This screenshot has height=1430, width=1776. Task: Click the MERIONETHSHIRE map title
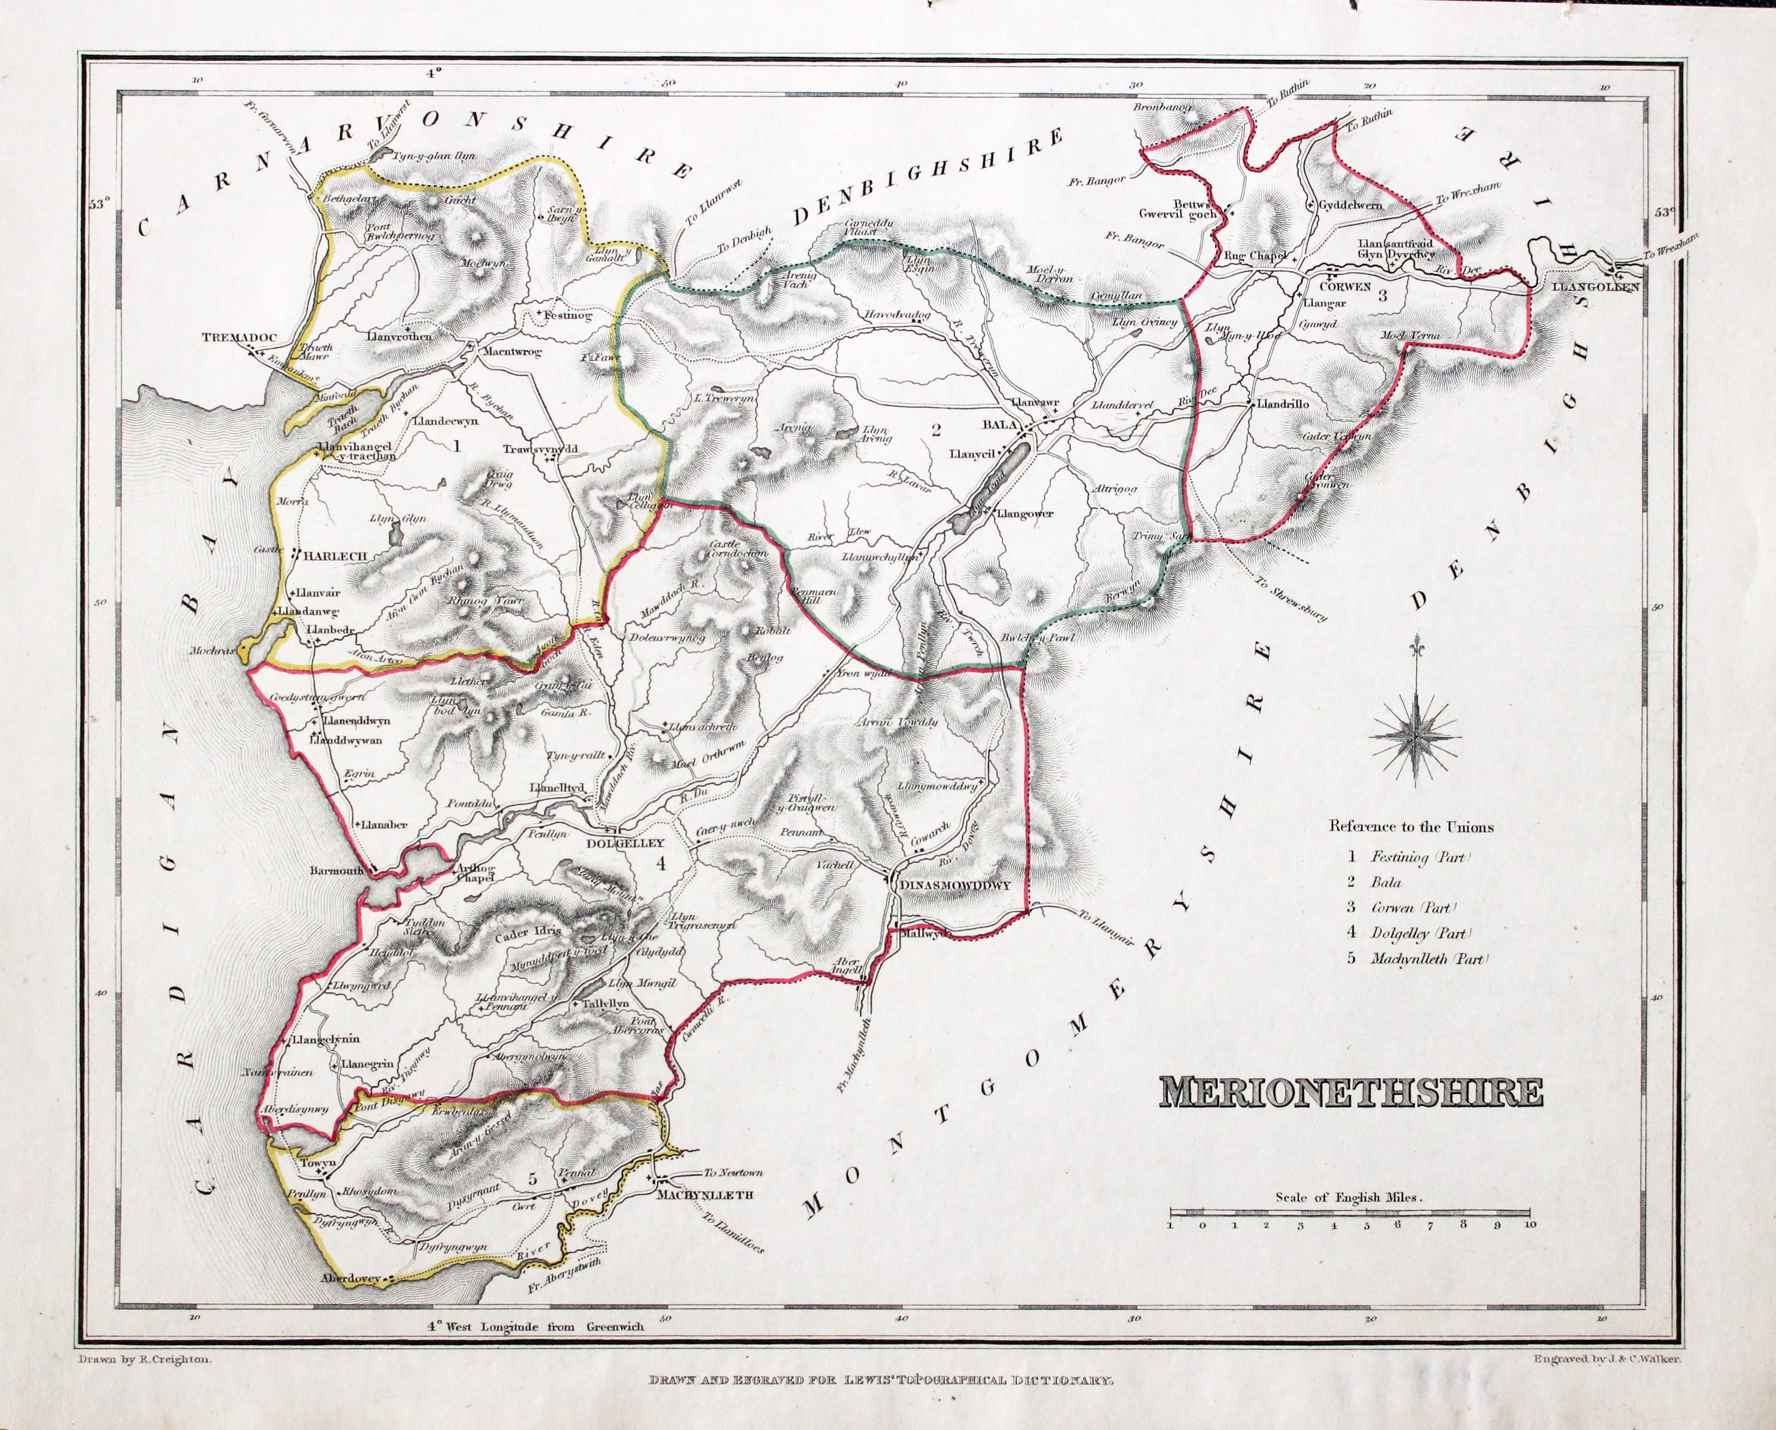pyautogui.click(x=1351, y=1092)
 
